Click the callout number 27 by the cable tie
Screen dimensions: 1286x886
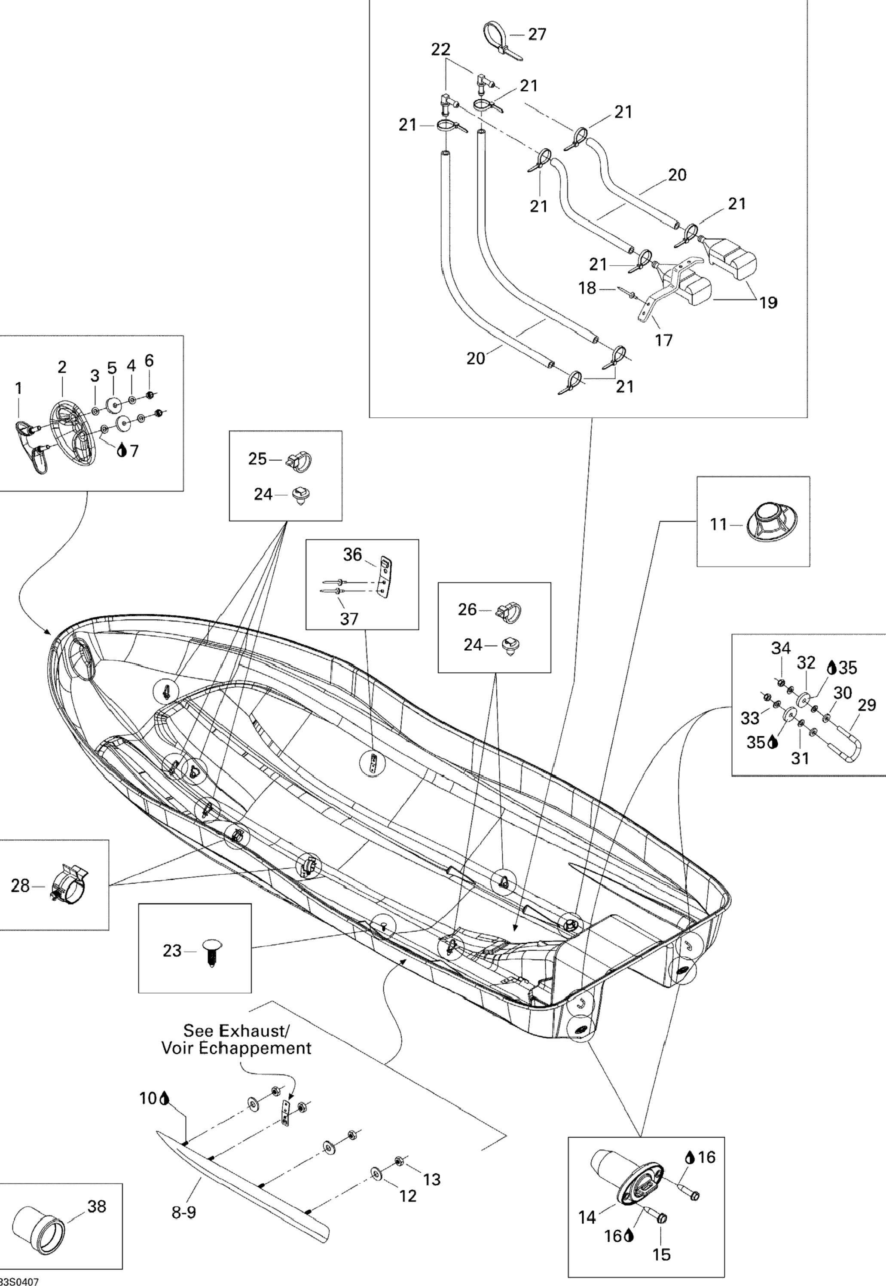[x=536, y=34]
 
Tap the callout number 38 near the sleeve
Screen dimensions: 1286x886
[x=97, y=1206]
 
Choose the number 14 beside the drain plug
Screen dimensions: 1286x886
[x=587, y=1217]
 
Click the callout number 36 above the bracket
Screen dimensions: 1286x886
[x=352, y=554]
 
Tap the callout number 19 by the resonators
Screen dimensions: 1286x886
[x=768, y=303]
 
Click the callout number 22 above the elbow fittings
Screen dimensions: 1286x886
[x=441, y=49]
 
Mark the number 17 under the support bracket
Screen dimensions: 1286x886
[x=664, y=340]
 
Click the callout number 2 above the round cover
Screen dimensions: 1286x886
[x=62, y=367]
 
